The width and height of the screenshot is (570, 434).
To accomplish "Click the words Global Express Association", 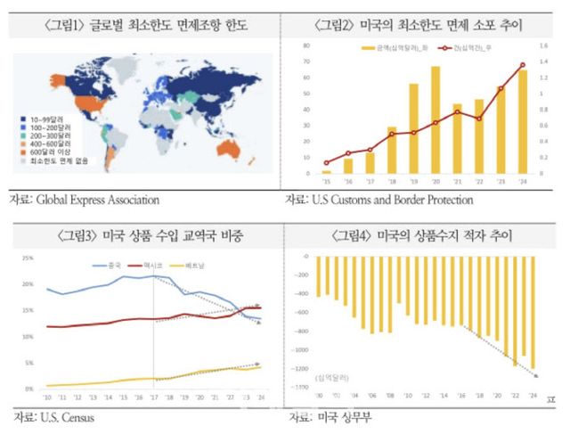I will click(x=96, y=200).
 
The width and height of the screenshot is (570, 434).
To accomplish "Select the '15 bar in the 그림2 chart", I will click(x=326, y=171).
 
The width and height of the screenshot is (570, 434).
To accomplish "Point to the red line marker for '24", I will click(x=523, y=65).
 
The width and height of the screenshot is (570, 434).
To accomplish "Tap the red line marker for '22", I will click(x=479, y=119).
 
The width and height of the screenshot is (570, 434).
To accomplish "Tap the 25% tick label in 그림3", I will click(x=28, y=259).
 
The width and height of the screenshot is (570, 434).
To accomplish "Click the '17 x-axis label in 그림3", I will click(x=153, y=397).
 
